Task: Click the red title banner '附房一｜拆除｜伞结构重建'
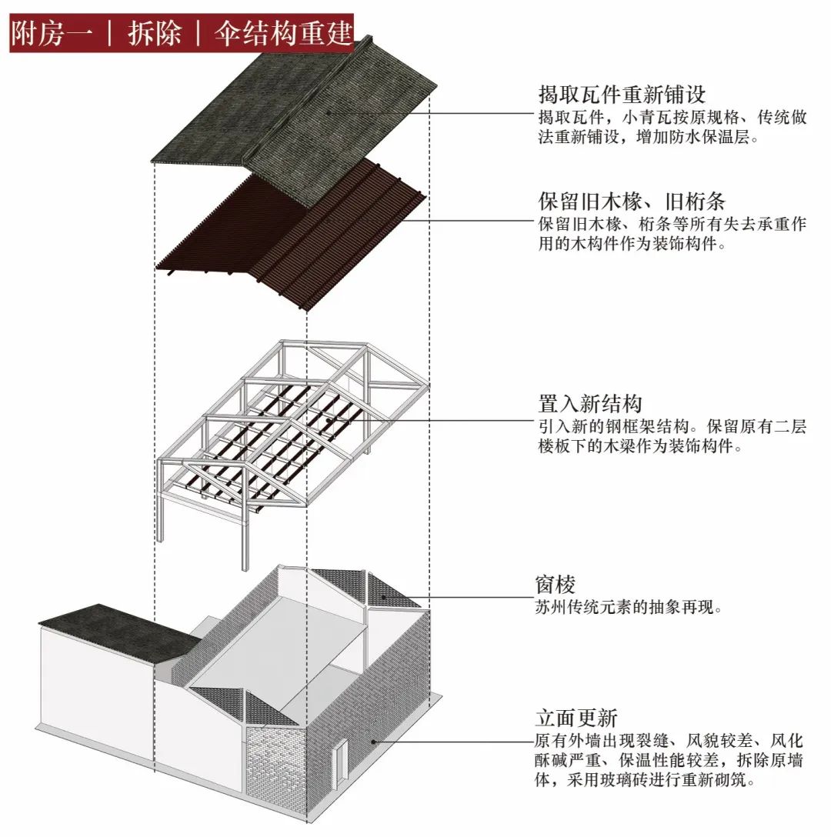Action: [x=182, y=33]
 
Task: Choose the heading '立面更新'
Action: [x=576, y=719]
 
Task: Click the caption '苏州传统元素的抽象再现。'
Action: [x=629, y=607]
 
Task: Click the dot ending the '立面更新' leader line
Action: [x=373, y=742]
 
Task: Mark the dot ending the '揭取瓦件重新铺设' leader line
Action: [x=328, y=113]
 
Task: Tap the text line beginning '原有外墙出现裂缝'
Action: [x=669, y=742]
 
